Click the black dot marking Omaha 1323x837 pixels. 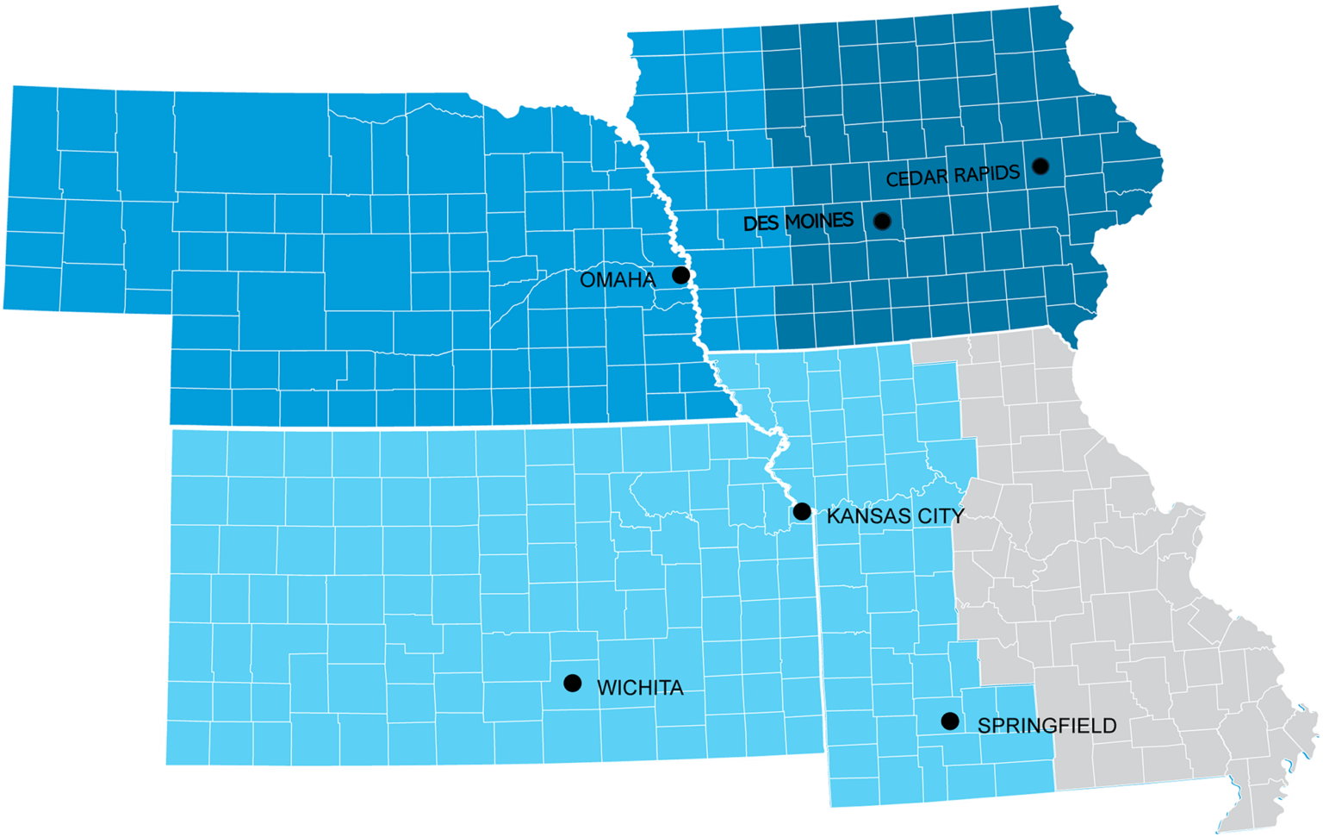point(680,275)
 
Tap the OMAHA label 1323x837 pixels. point(618,279)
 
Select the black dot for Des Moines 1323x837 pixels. point(881,221)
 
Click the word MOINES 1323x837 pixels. point(819,222)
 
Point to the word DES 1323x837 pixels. point(761,224)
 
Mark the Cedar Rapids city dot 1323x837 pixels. point(1040,166)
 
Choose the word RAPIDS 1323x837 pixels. point(986,173)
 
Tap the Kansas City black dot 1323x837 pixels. point(801,511)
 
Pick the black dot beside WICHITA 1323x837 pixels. point(572,683)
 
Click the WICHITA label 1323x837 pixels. point(640,688)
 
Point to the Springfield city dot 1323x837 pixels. point(950,721)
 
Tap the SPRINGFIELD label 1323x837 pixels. point(1047,726)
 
